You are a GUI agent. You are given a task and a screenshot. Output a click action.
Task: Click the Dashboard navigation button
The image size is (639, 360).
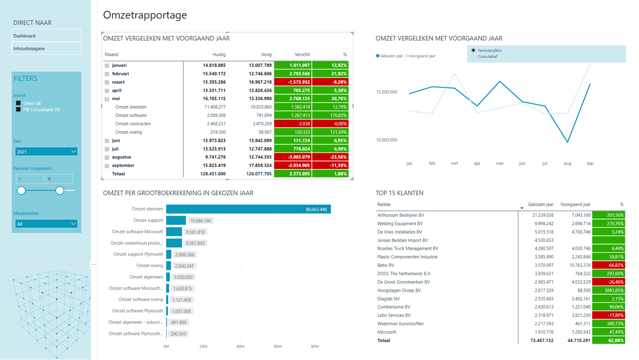(x=46, y=36)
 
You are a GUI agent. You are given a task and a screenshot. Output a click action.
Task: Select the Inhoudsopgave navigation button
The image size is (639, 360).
(x=46, y=48)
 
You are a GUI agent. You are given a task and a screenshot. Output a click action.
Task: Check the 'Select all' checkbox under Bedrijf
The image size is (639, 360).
(x=18, y=103)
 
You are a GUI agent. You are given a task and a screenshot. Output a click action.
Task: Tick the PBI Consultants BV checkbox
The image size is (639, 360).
(x=18, y=109)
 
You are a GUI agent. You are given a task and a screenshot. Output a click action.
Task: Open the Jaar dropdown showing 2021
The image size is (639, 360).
(x=46, y=152)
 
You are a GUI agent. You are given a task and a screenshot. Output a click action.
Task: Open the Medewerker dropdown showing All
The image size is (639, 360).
(x=46, y=224)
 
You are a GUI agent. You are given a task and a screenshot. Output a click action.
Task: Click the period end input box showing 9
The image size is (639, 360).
(x=59, y=179)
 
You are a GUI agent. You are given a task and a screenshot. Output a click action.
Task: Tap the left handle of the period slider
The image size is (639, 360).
(x=21, y=191)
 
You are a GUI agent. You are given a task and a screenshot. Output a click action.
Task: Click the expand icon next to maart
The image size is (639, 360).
(x=107, y=82)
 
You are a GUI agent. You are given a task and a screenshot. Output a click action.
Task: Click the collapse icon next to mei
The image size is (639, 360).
(x=107, y=99)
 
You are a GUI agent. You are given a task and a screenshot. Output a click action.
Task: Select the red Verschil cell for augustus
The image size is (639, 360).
(x=293, y=157)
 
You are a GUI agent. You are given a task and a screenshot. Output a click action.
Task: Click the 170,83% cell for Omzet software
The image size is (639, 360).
(x=330, y=115)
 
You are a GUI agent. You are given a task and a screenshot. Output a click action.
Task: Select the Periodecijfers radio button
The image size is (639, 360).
(x=473, y=50)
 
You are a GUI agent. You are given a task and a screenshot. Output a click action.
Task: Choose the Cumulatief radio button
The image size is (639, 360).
(x=473, y=56)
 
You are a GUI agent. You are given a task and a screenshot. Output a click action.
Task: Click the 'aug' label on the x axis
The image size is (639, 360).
(x=567, y=163)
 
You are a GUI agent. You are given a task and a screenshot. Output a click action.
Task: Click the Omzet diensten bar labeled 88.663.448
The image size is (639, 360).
(x=248, y=209)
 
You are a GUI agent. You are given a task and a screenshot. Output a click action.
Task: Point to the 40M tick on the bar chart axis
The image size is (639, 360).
(x=240, y=346)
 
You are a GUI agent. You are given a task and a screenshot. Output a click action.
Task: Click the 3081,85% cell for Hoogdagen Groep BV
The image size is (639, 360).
(x=608, y=291)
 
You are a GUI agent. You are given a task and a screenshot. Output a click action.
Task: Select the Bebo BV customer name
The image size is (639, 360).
(x=386, y=265)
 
